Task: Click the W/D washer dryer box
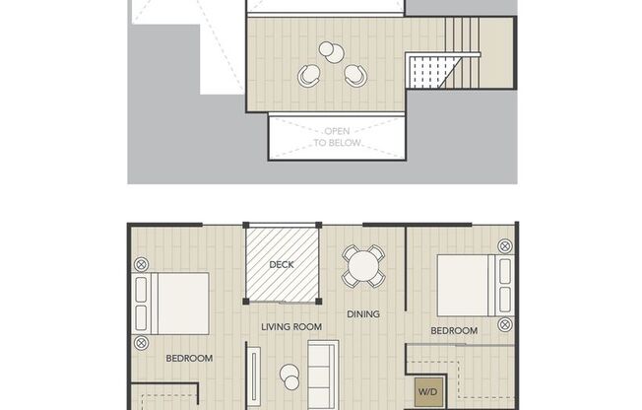click(x=428, y=392)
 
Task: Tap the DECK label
click(x=282, y=265)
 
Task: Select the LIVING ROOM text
click(x=291, y=327)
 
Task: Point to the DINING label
click(x=363, y=314)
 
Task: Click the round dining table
click(x=363, y=266)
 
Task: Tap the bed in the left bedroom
click(x=170, y=304)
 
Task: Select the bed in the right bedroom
click(x=476, y=286)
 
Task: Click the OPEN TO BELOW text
click(x=337, y=137)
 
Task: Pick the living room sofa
click(x=323, y=375)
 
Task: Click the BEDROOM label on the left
click(x=189, y=359)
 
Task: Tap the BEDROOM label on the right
click(x=454, y=330)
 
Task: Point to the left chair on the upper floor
click(x=309, y=76)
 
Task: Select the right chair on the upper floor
click(x=355, y=76)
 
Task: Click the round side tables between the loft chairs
click(x=332, y=52)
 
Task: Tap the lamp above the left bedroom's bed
click(x=141, y=264)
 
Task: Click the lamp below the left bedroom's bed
click(x=141, y=342)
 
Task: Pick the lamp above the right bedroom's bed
click(x=505, y=246)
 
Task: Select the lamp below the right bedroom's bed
click(x=505, y=324)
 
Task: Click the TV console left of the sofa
click(x=254, y=377)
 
